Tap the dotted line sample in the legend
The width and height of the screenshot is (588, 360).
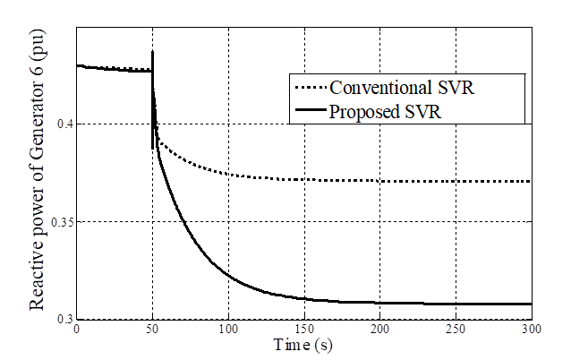coord(310,89)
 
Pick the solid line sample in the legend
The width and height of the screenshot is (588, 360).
coord(310,112)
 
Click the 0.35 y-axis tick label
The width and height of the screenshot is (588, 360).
coord(60,221)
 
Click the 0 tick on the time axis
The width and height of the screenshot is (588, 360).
coord(77,330)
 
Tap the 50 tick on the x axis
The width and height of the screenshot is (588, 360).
coord(153,330)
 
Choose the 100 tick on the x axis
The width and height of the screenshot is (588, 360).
coord(228,330)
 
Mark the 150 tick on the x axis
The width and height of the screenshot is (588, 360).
coord(304,330)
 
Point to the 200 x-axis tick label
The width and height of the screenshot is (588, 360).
coord(380,330)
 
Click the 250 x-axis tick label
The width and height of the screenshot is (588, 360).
coord(456,330)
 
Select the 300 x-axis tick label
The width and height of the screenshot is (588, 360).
coord(532,330)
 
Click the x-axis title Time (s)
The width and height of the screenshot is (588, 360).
coord(304,345)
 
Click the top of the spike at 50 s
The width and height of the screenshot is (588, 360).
coord(153,52)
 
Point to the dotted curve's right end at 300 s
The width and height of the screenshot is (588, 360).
coord(532,181)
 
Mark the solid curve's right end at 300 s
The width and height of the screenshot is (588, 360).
coord(532,304)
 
